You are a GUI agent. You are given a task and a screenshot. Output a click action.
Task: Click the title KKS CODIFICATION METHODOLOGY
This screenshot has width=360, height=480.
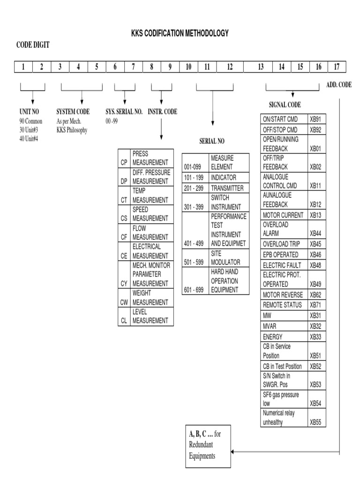tap(180, 33)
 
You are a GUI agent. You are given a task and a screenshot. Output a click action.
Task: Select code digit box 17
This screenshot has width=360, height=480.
tap(337, 67)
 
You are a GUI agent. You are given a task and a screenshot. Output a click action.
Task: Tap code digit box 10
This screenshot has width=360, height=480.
tap(188, 67)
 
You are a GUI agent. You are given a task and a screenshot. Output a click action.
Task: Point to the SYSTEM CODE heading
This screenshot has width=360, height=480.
tap(73, 112)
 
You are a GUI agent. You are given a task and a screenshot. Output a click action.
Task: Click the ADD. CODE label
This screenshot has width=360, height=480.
tap(338, 85)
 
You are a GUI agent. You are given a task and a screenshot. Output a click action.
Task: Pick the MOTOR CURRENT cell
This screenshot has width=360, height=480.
tap(284, 215)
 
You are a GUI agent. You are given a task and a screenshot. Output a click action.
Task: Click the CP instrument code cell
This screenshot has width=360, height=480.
tap(124, 162)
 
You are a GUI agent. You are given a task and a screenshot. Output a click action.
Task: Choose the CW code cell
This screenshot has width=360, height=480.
tap(124, 303)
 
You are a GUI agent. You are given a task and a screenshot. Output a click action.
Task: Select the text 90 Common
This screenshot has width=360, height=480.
tap(31, 121)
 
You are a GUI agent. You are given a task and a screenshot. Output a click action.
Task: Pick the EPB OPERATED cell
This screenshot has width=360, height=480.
tap(284, 255)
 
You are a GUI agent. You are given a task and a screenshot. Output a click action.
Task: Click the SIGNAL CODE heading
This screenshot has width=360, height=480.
tap(285, 105)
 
